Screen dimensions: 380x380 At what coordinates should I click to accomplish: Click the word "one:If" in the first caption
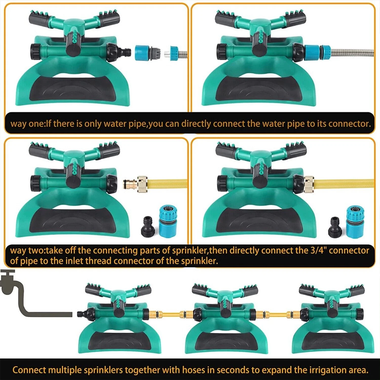[39, 124]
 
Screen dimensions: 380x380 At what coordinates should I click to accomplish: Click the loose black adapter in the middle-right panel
[335, 227]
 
